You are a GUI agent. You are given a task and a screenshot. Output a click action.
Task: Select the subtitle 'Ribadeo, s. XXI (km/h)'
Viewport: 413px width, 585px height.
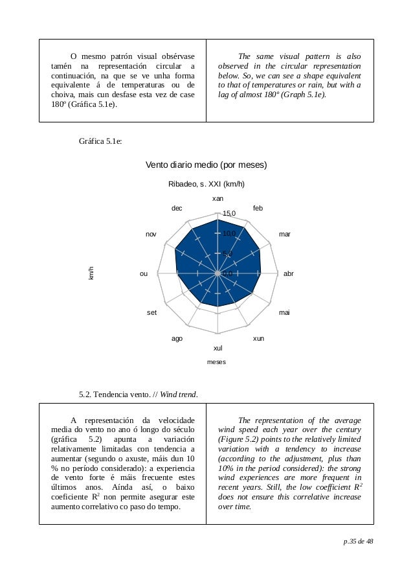206,184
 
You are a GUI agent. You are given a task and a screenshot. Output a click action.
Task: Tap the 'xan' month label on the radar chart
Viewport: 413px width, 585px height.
218,198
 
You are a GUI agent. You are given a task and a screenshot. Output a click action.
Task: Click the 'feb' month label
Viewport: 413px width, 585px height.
258,208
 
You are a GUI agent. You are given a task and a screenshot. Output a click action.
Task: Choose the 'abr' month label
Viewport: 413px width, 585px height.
289,274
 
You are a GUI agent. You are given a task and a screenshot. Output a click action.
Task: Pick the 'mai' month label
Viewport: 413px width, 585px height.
284,313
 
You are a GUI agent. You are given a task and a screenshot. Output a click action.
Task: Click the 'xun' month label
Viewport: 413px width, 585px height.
258,339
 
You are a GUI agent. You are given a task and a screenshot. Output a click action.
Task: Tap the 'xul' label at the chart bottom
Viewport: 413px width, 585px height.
218,349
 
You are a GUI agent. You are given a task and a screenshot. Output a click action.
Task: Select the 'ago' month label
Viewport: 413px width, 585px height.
176,339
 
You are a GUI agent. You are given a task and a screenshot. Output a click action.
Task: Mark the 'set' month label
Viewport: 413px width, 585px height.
151,313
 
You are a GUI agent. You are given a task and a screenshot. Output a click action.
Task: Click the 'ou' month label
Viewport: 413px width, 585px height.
144,274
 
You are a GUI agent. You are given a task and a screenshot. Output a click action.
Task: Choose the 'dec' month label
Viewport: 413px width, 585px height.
177,208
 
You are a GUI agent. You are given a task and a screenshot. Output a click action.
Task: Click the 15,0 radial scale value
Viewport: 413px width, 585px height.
229,213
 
